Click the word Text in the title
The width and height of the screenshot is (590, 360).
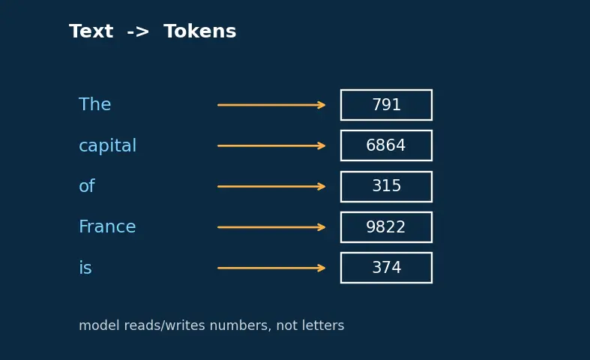tap(91, 31)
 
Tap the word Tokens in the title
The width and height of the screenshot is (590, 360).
tap(200, 31)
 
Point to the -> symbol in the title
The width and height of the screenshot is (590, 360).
tap(138, 31)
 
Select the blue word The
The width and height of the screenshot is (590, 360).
tap(94, 104)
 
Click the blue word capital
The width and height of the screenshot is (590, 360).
tap(108, 145)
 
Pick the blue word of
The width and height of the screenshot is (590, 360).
tap(87, 186)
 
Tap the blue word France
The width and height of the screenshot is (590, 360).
tap(107, 226)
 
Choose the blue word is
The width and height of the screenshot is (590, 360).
tap(85, 268)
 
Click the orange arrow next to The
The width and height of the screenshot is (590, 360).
tap(271, 105)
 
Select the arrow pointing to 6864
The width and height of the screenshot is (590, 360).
tap(271, 145)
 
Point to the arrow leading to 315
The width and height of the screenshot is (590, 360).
tap(271, 187)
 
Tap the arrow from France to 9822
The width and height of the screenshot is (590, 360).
tap(271, 227)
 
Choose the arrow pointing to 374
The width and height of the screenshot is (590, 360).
tap(271, 268)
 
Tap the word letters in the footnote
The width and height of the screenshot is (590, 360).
tap(325, 325)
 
